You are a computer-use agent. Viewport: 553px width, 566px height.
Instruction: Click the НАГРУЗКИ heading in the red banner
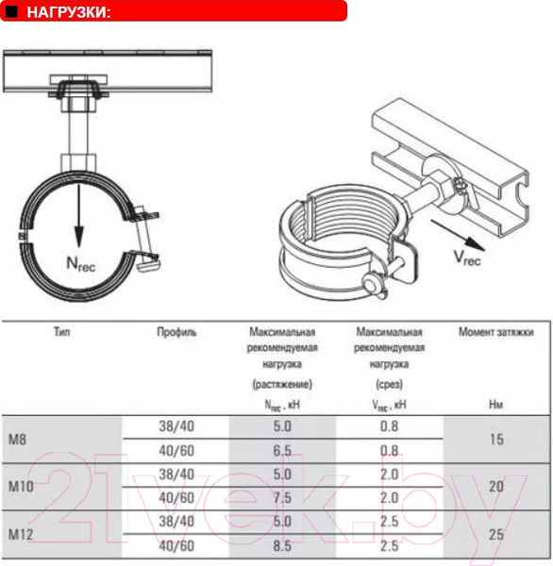[69, 11]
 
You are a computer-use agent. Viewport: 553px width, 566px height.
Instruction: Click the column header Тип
[63, 332]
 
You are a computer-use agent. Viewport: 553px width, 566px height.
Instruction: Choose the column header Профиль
[176, 332]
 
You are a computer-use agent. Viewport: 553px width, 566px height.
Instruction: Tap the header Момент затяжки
[495, 332]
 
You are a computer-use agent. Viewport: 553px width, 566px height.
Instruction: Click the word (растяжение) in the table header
[282, 384]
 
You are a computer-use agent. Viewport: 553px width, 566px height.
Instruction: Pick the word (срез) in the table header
[389, 384]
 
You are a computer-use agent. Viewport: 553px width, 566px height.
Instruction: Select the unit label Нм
[495, 405]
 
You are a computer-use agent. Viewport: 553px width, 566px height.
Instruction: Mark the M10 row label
[21, 487]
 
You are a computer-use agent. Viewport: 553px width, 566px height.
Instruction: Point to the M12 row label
[21, 535]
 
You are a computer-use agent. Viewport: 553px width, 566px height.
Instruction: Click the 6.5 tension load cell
[282, 451]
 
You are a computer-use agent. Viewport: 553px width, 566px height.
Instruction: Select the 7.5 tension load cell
[282, 498]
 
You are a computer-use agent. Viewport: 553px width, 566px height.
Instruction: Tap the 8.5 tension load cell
[282, 546]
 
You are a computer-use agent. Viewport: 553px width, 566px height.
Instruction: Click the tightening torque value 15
[495, 440]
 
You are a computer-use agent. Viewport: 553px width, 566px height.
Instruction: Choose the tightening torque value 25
[495, 535]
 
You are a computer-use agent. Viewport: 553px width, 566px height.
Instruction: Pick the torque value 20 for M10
[495, 487]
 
